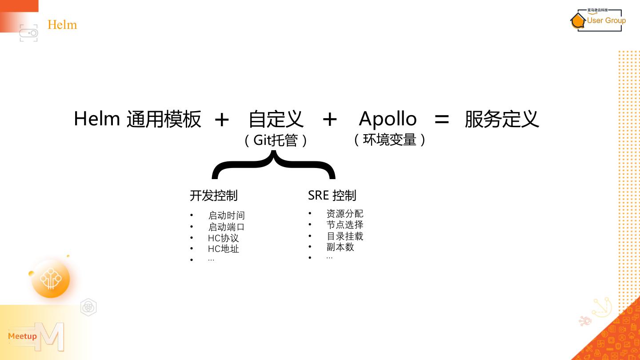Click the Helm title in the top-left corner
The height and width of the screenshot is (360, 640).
[x=62, y=24]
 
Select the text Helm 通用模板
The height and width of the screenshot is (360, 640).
[x=137, y=119]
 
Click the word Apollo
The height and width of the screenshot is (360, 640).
[x=388, y=119]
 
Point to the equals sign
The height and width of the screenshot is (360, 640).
[x=441, y=119]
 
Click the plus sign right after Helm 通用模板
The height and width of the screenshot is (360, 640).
[x=221, y=120]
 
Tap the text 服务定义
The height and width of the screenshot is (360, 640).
[x=502, y=119]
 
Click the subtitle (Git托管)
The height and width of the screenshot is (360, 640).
[x=276, y=140]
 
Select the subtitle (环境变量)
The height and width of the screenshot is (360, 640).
[x=390, y=140]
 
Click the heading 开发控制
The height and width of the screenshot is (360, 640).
[x=214, y=196]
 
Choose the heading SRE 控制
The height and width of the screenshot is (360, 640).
[x=332, y=195]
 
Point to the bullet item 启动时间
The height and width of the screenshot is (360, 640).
[x=226, y=216]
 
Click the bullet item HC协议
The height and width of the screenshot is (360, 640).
[x=223, y=238]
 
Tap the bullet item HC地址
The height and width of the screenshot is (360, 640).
[x=223, y=249]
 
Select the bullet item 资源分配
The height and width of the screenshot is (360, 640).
[x=344, y=214]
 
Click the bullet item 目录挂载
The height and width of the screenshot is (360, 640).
[x=344, y=236]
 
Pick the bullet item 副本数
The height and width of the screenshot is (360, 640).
[x=340, y=247]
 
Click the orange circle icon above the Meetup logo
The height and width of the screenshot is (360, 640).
[x=51, y=279]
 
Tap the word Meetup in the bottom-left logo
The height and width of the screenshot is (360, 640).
[x=22, y=336]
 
